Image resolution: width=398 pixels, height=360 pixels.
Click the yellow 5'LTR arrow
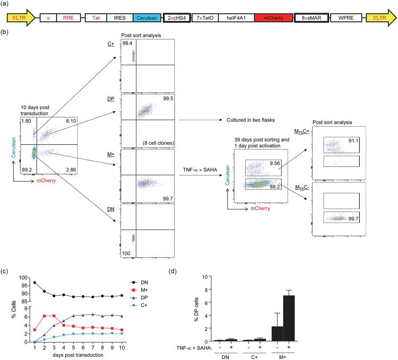click(20, 18)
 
